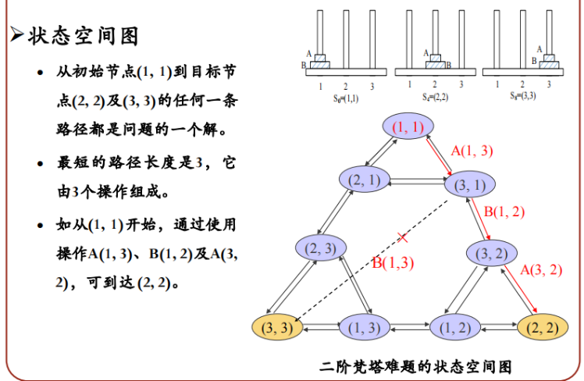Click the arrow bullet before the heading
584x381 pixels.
pyautogui.click(x=17, y=36)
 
